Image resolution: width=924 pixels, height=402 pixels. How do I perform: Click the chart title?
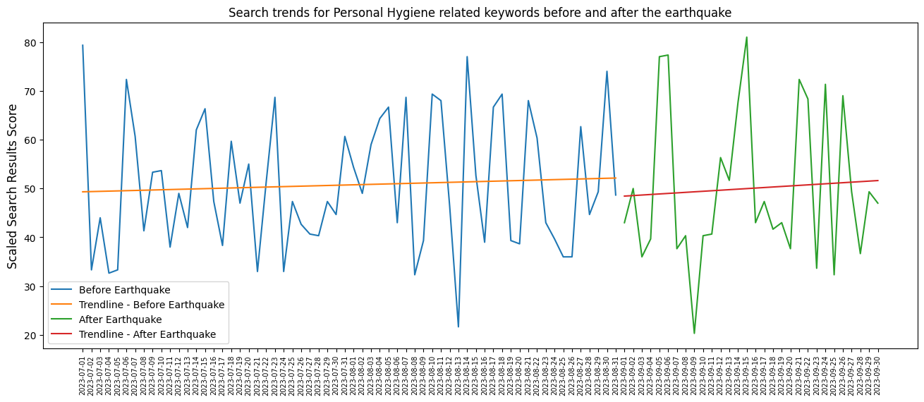coord(480,13)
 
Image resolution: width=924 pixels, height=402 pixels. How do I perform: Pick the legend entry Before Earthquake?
coord(124,290)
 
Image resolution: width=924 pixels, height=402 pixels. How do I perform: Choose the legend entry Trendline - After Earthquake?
coord(147,334)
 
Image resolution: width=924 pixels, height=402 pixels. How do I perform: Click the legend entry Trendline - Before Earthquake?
coord(151,305)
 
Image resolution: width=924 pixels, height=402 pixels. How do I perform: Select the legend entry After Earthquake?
coord(120,319)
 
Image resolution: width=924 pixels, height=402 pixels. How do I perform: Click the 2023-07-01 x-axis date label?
coord(83,374)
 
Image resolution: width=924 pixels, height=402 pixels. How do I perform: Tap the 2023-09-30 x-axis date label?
coord(878,374)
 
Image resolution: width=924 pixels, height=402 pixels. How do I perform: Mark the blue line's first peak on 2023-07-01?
coord(83,45)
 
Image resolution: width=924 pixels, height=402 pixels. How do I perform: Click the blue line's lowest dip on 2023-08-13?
coord(458,327)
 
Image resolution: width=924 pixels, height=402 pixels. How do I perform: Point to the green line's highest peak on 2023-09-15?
coord(747,37)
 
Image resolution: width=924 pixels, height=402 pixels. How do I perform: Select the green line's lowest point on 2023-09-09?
coord(694,333)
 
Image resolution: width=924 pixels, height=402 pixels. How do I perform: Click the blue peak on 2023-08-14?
coord(467,56)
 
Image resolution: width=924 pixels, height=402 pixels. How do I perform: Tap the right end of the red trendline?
coord(878,181)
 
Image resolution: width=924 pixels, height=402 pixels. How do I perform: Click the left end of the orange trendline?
coord(83,192)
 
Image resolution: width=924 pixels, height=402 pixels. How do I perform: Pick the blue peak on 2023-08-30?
coord(607,71)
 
